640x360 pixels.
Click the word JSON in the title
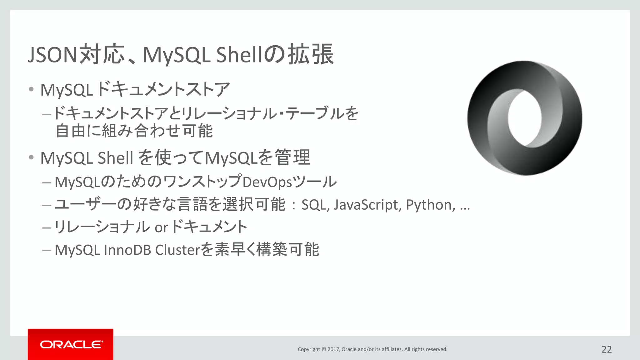coord(52,55)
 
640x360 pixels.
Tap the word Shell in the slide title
coord(238,55)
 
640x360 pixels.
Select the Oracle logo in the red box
coord(71,344)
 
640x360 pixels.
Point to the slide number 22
coord(607,349)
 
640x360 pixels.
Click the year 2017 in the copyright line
coord(333,349)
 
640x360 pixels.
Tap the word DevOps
coord(267,182)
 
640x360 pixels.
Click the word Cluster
coord(177,250)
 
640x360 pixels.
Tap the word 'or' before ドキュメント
coord(161,227)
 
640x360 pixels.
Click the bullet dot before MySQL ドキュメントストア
coord(31,90)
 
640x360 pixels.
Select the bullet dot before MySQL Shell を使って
coord(31,157)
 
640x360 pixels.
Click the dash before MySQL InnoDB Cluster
coord(47,250)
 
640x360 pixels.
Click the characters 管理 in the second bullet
coord(292,157)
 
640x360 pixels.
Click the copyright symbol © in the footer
coord(324,349)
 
